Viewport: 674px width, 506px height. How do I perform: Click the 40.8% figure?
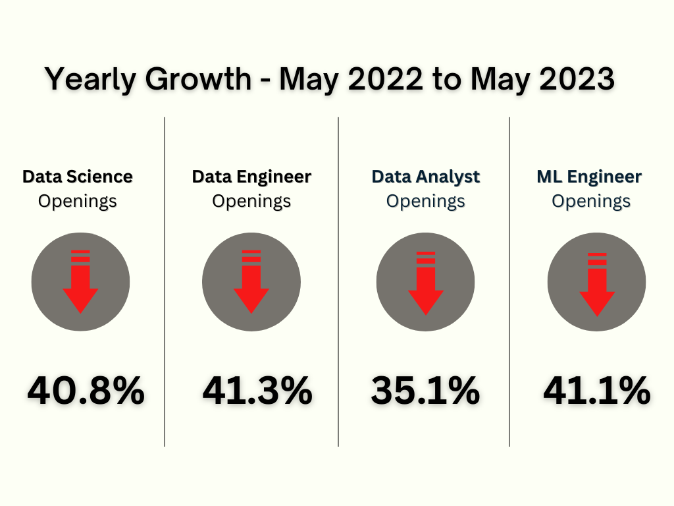point(86,391)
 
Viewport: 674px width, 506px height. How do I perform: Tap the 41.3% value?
point(257,391)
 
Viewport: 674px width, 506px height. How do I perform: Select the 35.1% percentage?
point(425,391)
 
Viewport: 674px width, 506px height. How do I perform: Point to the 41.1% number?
point(596,391)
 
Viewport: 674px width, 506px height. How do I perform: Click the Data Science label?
point(78,177)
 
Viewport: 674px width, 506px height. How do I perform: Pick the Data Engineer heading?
point(251,177)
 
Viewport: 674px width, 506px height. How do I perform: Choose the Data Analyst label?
point(426,177)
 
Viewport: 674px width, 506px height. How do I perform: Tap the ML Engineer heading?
point(590,177)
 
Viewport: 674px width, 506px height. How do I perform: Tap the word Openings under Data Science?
point(78,201)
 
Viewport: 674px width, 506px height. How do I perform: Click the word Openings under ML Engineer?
point(591,201)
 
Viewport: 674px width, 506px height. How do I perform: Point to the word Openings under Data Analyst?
point(426,201)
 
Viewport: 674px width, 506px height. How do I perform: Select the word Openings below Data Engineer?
point(251,201)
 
